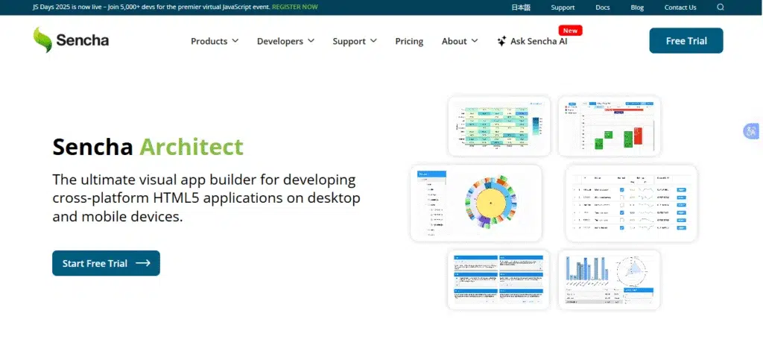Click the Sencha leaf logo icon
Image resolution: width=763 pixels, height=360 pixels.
pos(42,40)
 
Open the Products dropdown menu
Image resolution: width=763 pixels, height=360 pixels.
pos(215,41)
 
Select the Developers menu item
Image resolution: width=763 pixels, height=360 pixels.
pos(285,41)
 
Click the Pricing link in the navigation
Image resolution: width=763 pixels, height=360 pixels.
pos(409,41)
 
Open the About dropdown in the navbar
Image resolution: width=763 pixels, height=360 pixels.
pos(459,41)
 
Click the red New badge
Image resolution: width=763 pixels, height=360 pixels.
pos(571,31)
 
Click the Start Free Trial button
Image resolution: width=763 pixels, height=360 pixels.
pos(106,263)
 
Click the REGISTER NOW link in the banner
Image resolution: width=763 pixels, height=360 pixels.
pos(294,7)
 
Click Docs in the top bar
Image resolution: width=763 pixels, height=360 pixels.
pos(603,7)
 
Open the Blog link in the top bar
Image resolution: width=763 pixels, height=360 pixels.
pos(637,7)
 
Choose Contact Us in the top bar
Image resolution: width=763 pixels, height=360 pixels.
pos(680,7)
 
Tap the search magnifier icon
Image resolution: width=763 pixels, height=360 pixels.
pos(721,7)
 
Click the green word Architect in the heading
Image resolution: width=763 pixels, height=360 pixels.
pos(191,146)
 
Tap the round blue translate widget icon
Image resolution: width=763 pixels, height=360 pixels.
pos(750,131)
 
